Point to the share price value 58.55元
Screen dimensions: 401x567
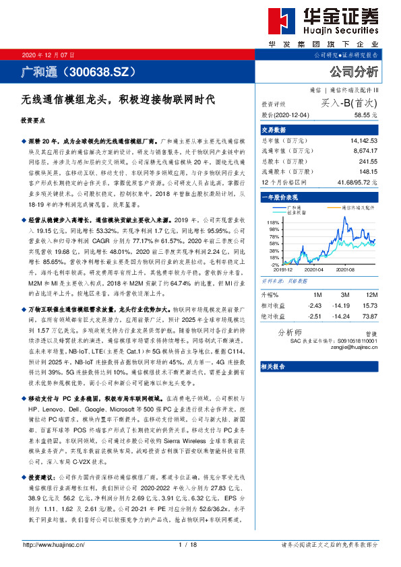pos(364,115)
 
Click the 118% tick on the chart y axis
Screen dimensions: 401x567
pos(274,222)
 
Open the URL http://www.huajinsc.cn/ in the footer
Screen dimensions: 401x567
pos(56,545)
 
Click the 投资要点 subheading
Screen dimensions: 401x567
pos(33,121)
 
